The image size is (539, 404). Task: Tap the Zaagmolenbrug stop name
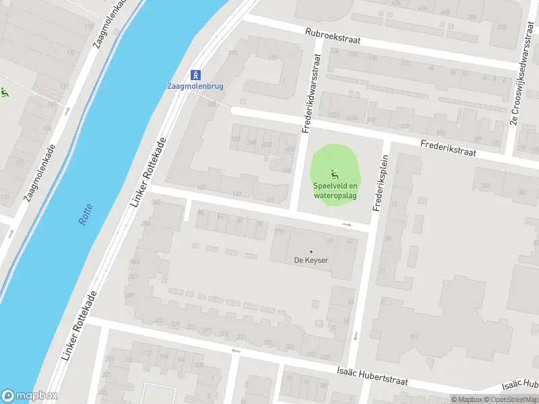pyautogui.click(x=195, y=86)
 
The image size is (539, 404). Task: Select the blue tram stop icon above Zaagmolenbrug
pyautogui.click(x=195, y=74)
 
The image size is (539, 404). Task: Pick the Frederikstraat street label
pyautogui.click(x=448, y=148)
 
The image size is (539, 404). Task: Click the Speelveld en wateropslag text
pyautogui.click(x=335, y=191)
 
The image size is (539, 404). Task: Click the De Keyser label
pyautogui.click(x=311, y=260)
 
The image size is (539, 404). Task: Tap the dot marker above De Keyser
pyautogui.click(x=311, y=251)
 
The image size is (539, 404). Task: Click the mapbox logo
pyautogui.click(x=29, y=396)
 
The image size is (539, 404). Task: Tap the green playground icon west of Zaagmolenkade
pyautogui.click(x=4, y=92)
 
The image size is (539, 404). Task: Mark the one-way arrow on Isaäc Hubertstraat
pyautogui.click(x=235, y=350)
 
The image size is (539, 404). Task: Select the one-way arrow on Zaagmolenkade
pyautogui.click(x=67, y=111)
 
